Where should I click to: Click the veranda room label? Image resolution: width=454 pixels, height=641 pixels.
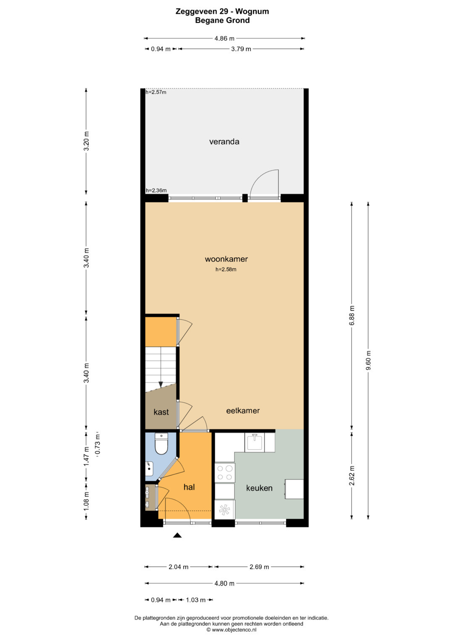pos(224,141)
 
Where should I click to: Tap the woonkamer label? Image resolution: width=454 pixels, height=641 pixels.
pos(226,259)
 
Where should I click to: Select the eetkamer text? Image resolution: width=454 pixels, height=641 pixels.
pos(243,411)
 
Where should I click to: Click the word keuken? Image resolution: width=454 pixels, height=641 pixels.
pos(259,488)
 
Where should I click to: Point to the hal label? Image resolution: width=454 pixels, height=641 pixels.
pos(189,487)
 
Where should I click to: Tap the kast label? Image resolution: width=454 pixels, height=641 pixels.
pos(161,412)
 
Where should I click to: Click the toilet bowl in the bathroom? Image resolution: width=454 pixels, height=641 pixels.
pos(161,444)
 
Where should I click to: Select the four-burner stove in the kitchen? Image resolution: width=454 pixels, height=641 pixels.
pos(225,472)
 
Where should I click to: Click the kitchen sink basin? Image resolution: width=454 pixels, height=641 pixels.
pos(254,442)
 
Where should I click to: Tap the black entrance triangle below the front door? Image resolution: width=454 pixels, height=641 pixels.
pos(177,535)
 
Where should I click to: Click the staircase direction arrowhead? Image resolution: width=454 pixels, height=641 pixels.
pos(161,385)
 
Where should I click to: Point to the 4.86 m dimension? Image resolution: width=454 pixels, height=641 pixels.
pos(224,38)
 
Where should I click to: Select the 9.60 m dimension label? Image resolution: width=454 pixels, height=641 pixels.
pos(368,360)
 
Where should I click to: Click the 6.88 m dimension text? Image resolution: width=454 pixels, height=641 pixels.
pos(352,315)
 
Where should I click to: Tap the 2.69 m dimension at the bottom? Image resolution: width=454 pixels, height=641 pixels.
pos(259,567)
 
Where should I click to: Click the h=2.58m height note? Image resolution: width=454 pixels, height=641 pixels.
pos(226,269)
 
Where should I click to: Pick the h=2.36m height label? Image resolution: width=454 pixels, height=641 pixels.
pos(156,190)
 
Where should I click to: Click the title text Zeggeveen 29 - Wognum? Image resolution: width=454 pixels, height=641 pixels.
pos(222,11)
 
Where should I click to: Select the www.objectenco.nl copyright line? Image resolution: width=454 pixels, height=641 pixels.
pos(231,630)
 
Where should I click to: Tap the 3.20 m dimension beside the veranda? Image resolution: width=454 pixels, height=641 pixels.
pos(86,141)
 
